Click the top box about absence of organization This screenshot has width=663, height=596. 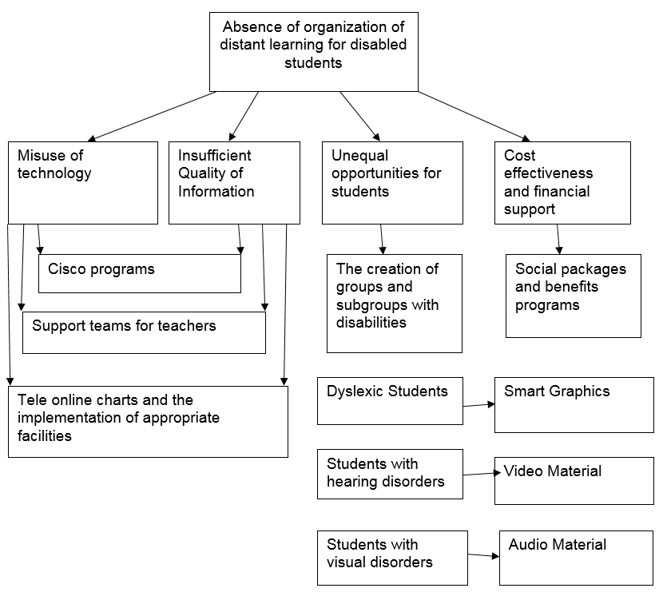313,51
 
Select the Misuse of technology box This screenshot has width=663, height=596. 83,182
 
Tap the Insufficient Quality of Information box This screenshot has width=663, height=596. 234,182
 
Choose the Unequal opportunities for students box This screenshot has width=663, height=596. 392,182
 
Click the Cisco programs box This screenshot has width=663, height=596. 140,273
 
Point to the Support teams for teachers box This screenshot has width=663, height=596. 144,332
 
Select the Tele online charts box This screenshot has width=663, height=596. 148,422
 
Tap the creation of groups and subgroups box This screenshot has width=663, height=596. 394,303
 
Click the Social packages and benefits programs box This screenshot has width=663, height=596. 574,296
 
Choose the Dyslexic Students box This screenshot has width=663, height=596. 390,400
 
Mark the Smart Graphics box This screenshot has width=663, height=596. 574,405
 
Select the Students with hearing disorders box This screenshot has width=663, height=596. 390,474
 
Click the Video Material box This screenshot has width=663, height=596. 574,480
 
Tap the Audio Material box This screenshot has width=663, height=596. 576,557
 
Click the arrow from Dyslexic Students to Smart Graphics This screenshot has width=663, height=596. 478,404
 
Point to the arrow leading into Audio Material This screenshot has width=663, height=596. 483,555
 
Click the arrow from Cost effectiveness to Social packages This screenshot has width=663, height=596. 559,239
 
